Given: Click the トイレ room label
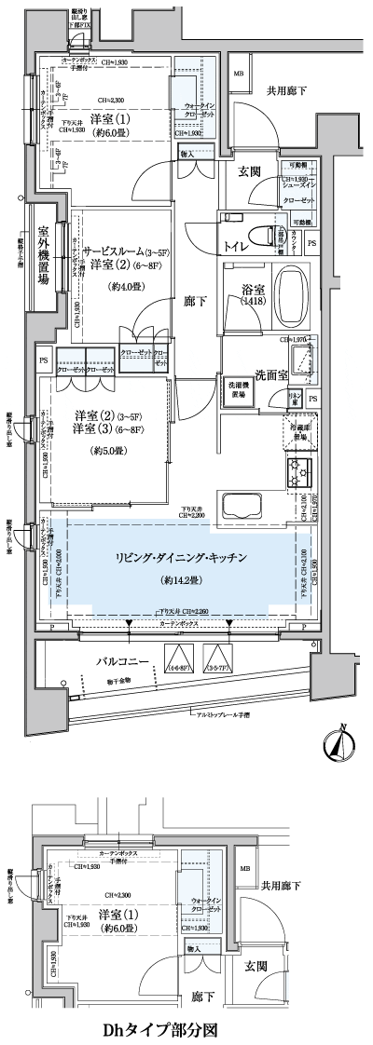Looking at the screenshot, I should [x=236, y=246].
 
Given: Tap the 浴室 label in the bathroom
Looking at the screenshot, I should [x=251, y=290].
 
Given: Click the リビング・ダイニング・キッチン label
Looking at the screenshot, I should [x=180, y=557].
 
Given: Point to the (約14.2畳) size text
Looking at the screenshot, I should [x=180, y=578].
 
